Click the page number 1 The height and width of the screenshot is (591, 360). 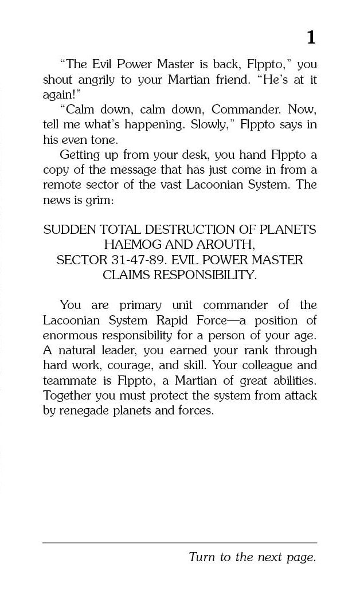311,37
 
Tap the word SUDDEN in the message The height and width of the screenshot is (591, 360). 69,229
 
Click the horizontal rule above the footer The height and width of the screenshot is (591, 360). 179,542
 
